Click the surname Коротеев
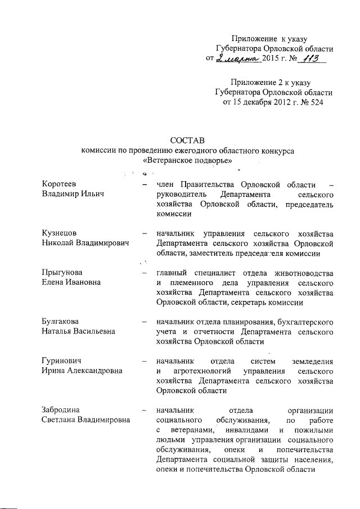click(59, 184)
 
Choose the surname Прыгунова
click(61, 272)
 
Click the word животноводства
click(305, 272)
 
